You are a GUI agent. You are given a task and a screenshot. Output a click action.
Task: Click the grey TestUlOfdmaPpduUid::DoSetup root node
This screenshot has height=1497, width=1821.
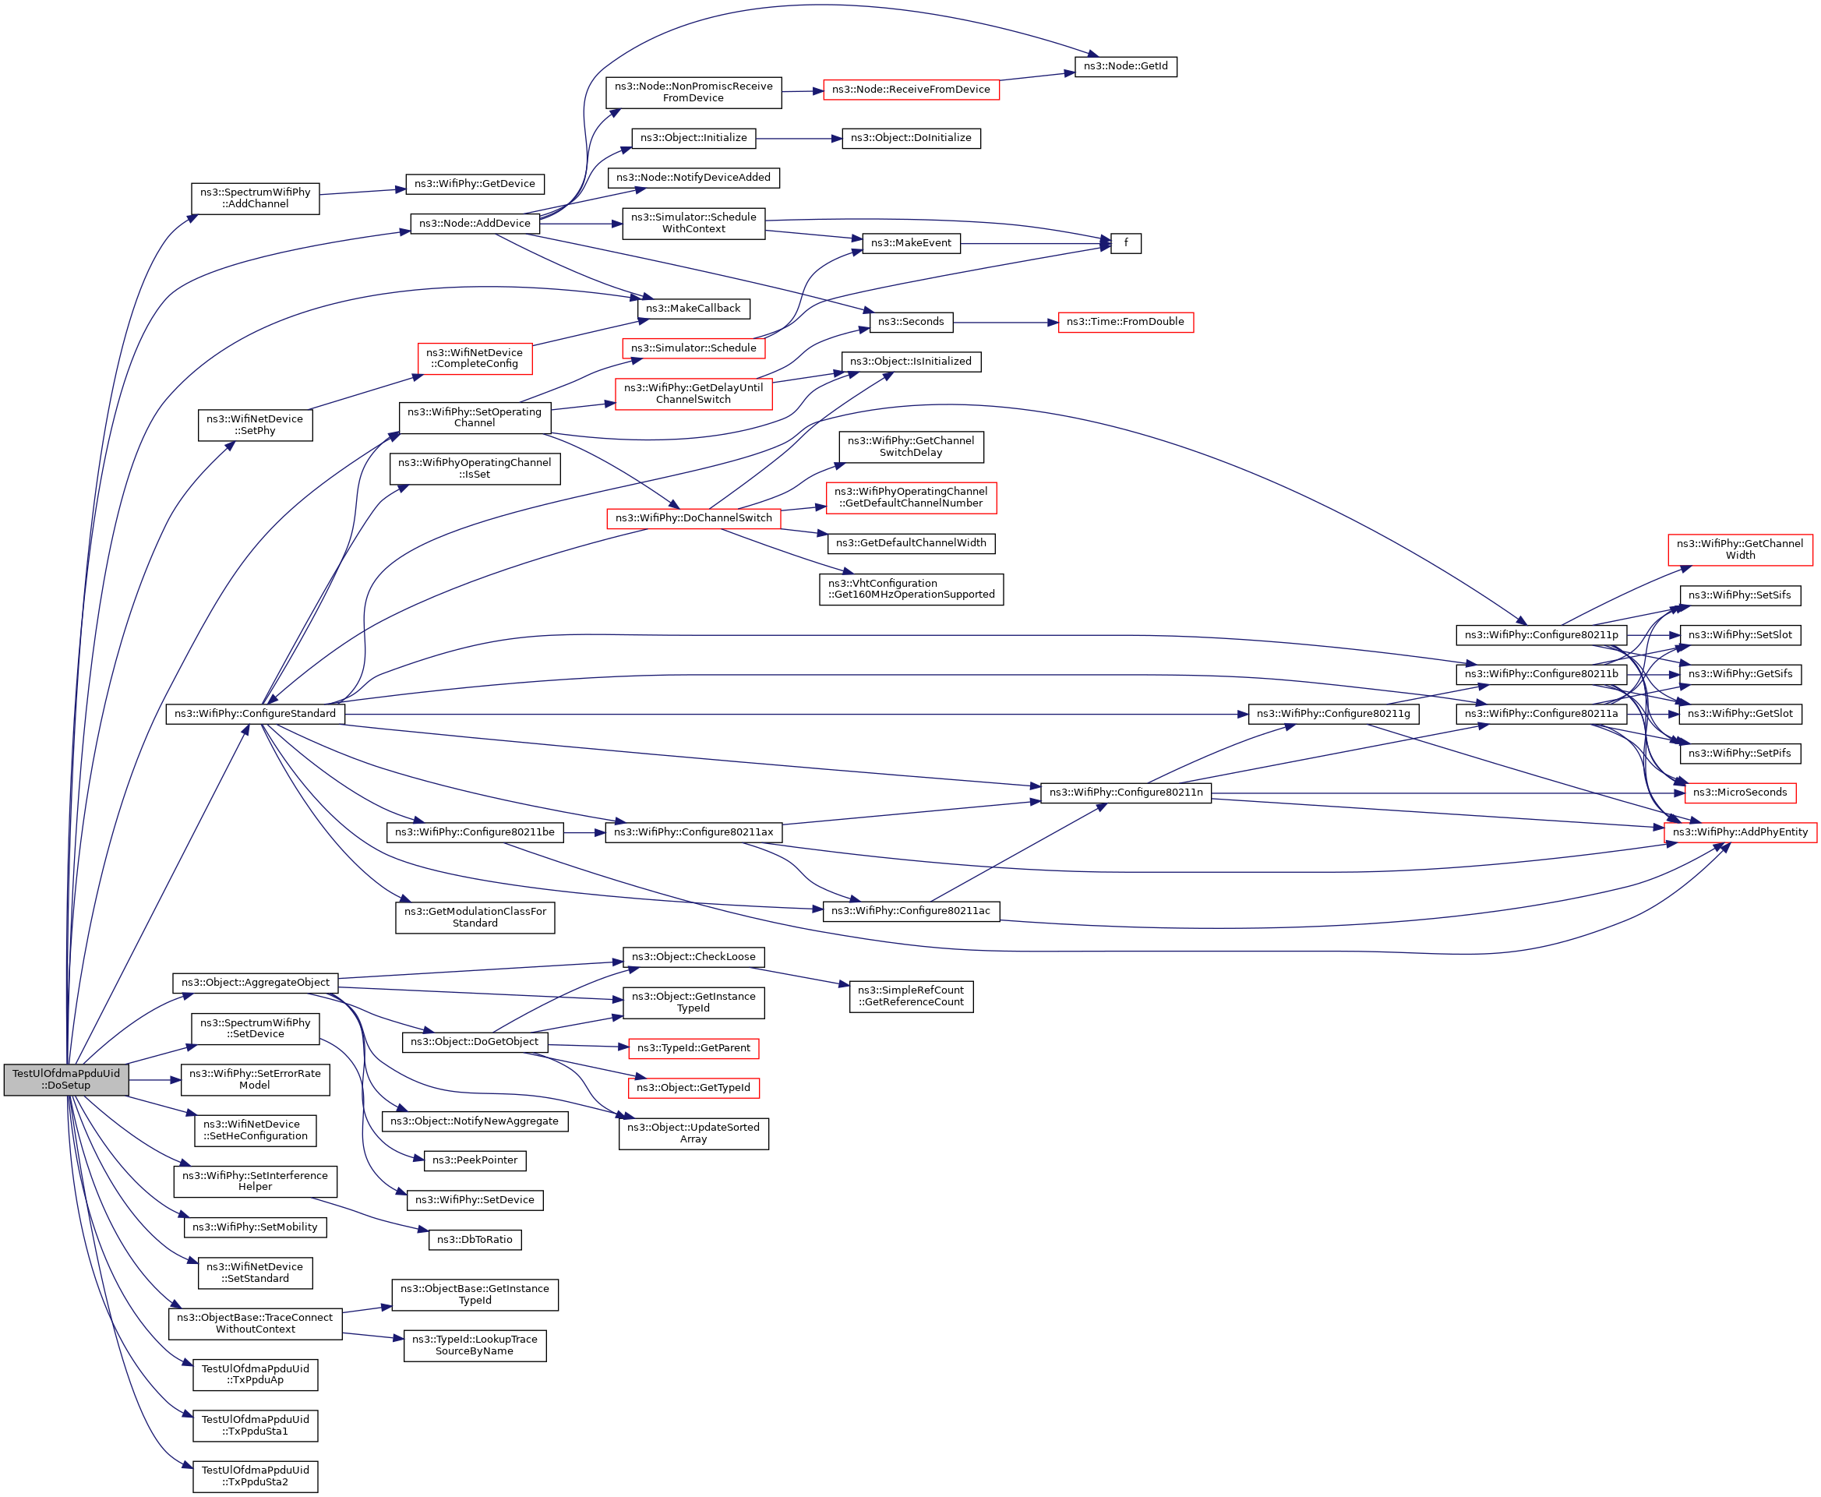[66, 1079]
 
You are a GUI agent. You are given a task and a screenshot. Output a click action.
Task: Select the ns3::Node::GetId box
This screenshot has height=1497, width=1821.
[1125, 66]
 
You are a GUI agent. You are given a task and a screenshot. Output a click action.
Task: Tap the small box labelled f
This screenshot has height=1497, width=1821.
[1125, 243]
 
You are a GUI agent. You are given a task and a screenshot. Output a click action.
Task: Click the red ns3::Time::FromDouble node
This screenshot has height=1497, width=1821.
[1125, 323]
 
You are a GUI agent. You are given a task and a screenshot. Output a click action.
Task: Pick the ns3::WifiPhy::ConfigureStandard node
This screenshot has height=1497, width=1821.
[256, 714]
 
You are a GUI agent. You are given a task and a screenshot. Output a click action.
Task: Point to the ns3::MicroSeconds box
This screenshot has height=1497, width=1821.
[1739, 793]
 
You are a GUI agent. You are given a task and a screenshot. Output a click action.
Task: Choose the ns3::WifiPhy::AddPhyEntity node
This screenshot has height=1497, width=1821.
[1740, 832]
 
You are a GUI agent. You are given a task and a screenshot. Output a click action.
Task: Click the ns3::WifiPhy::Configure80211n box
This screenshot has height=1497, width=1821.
[1125, 793]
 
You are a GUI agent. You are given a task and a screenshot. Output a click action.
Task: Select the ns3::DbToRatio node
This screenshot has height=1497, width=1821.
[475, 1240]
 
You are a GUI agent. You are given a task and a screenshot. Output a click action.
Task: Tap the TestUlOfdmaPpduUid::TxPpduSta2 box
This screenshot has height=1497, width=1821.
[256, 1476]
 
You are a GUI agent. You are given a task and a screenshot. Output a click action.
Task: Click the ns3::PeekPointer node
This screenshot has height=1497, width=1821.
[475, 1160]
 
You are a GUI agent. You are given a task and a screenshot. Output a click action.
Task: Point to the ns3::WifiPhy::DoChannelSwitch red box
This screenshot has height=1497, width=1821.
[693, 518]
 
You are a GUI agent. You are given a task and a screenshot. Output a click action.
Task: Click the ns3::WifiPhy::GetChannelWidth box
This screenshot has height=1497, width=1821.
[1739, 549]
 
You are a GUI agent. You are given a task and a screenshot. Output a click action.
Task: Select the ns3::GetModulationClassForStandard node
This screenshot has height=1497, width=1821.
[475, 917]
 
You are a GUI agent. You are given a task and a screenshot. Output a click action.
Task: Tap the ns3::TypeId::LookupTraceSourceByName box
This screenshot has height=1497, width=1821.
[475, 1345]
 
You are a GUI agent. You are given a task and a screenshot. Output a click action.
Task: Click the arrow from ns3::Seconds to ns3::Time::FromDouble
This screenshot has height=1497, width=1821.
[1005, 323]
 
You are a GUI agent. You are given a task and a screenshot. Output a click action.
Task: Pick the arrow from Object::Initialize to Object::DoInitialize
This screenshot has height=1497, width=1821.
[799, 138]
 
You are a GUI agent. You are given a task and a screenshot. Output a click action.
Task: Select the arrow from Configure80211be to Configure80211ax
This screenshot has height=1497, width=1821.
[584, 832]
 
